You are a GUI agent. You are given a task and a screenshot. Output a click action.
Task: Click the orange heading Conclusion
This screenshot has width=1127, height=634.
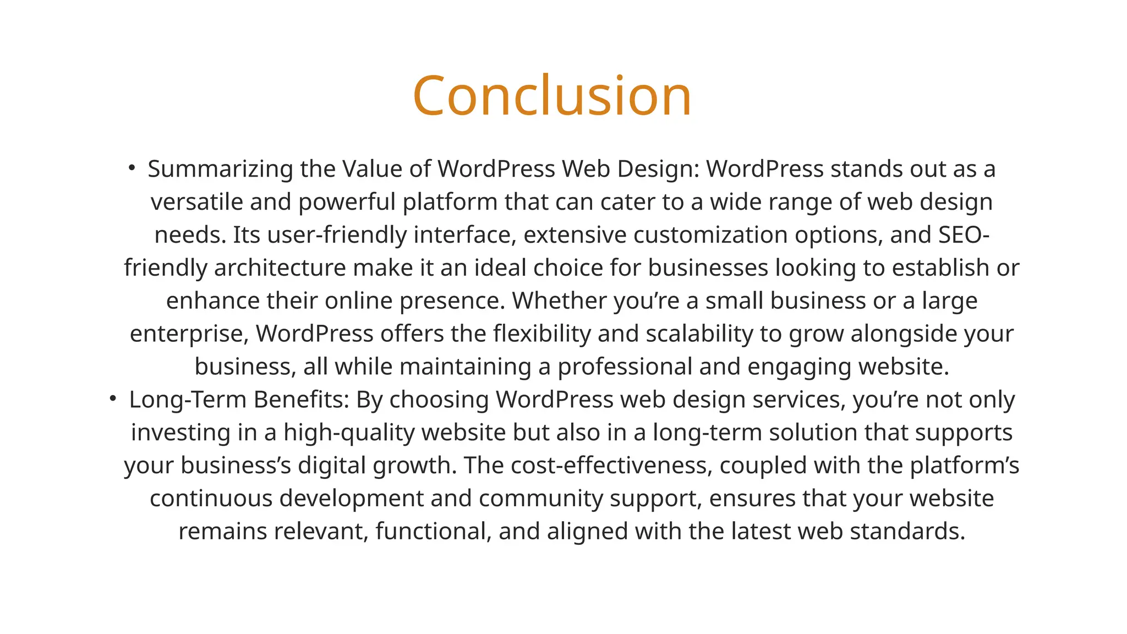click(552, 96)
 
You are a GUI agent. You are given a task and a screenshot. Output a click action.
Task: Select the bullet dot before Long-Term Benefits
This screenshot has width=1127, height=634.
click(113, 398)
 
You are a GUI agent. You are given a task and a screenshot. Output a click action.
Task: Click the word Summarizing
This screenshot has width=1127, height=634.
click(220, 169)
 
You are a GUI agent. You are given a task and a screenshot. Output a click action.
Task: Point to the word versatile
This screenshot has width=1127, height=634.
click(197, 202)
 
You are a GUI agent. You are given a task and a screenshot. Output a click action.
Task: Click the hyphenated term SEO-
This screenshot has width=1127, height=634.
click(964, 235)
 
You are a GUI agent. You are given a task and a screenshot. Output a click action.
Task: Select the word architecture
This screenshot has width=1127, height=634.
click(280, 268)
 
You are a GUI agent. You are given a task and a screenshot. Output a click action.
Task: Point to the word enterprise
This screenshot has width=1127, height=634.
click(189, 334)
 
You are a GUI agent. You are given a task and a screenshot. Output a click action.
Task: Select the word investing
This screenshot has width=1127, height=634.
click(181, 433)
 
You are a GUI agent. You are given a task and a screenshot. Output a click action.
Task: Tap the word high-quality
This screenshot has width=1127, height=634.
click(349, 433)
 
